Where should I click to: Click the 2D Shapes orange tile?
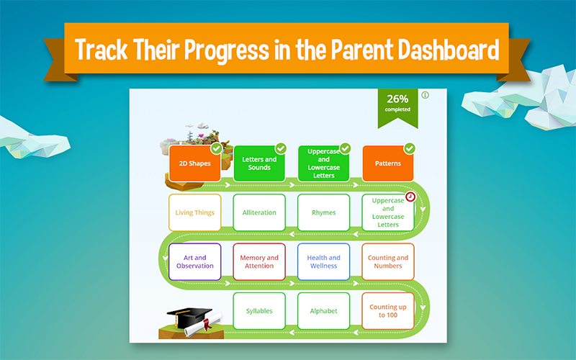pos(194,163)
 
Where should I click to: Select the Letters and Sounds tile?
pos(259,163)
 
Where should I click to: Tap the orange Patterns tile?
pos(388,163)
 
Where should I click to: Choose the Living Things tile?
pos(194,212)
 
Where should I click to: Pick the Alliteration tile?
pos(259,212)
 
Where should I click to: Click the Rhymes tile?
pos(323,212)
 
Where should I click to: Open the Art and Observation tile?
pos(194,261)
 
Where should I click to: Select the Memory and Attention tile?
pos(259,261)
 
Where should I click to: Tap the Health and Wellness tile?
pos(323,261)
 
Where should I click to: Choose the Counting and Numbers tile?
pos(388,261)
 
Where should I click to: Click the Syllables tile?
pos(259,311)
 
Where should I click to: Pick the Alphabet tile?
pos(323,311)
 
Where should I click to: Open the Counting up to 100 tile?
pos(388,311)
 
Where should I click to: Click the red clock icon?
pos(410,197)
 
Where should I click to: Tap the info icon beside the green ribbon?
pos(425,95)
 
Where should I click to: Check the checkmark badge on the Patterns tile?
pos(410,148)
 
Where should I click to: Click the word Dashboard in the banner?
pos(449,50)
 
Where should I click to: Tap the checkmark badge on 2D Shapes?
pos(217,148)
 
